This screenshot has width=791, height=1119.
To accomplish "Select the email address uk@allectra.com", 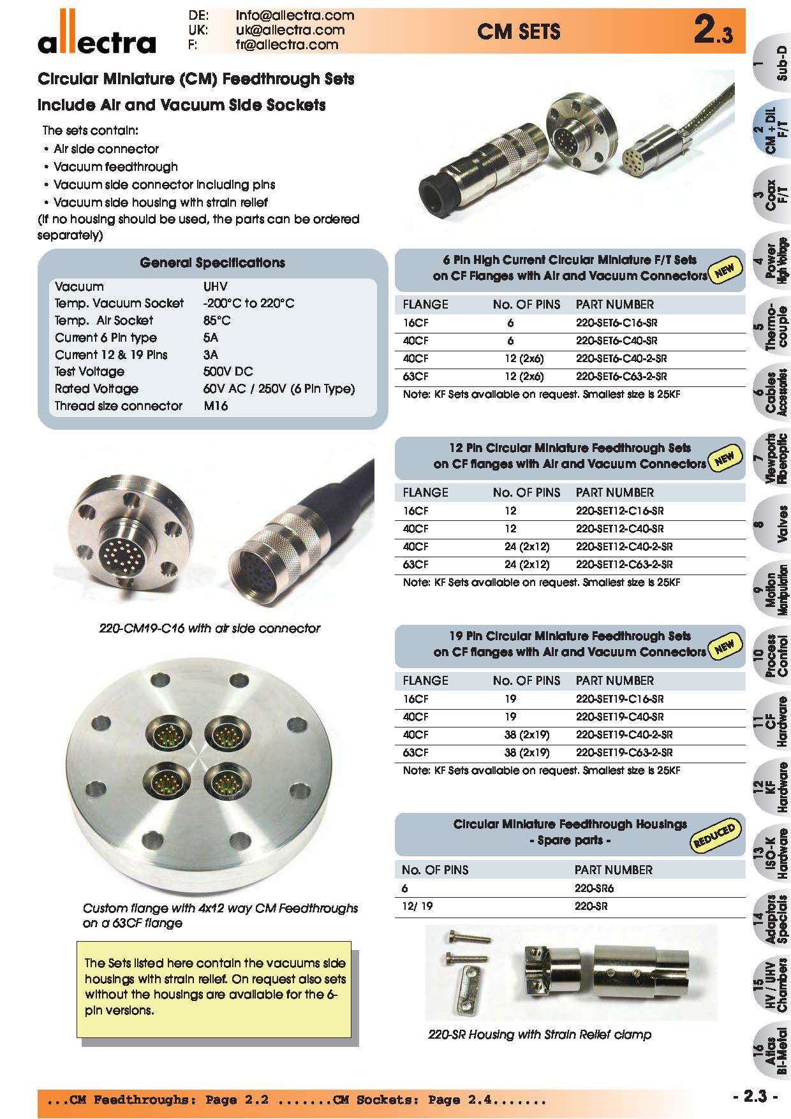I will [x=290, y=30].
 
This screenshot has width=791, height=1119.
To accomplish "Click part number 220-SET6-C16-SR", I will [x=616, y=323].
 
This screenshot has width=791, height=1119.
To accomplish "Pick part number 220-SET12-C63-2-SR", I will [x=624, y=564].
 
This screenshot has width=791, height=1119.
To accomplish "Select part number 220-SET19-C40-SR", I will [x=619, y=717].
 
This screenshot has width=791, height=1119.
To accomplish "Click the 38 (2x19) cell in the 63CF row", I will [x=526, y=752].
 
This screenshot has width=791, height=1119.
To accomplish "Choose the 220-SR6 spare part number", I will [x=594, y=888].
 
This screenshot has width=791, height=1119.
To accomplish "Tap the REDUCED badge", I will [x=714, y=836].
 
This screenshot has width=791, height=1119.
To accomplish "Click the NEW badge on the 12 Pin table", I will [x=724, y=457].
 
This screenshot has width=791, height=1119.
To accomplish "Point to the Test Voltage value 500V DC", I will [x=228, y=372].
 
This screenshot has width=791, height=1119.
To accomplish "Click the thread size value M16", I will [x=216, y=406].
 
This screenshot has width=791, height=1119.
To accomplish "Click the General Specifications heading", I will [x=212, y=263].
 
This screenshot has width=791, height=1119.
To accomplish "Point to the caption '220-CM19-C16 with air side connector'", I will [x=209, y=629].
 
